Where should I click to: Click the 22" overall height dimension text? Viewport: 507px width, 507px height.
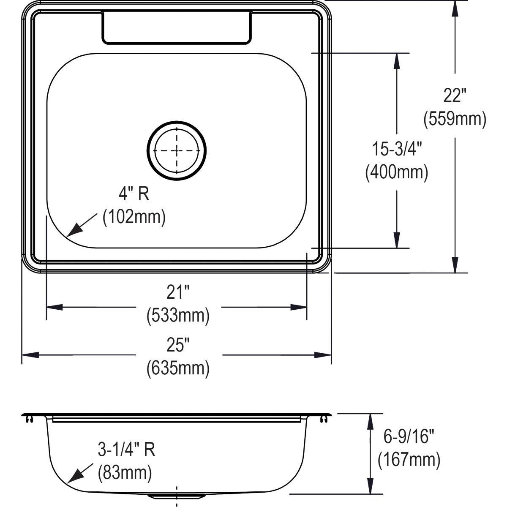pos(454,96)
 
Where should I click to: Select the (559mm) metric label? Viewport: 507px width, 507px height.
pos(455,119)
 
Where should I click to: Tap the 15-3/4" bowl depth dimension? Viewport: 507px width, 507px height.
pos(397,149)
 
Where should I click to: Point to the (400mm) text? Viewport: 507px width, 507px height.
pos(397,172)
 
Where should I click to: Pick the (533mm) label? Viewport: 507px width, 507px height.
pos(178,315)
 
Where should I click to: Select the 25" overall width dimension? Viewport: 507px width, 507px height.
pos(177,346)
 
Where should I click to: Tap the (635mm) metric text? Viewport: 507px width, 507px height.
pos(178,368)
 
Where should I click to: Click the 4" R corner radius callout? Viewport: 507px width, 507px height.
pos(134,194)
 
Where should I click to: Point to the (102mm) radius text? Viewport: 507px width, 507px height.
pos(134,217)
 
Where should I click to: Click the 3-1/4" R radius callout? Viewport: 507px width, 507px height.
pos(126,450)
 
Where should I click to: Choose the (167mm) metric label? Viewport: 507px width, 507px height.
pos(409,460)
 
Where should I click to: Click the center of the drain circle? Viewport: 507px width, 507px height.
pos(177,150)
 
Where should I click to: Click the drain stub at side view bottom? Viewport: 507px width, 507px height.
pos(177,495)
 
